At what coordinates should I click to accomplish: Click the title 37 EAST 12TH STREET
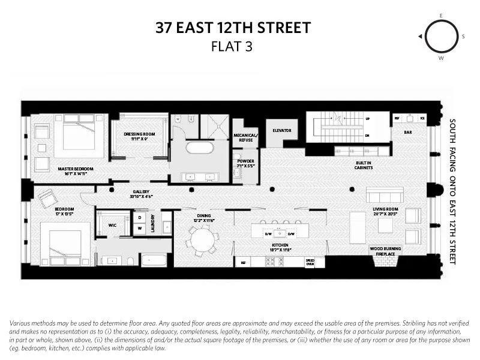(x=233, y=28)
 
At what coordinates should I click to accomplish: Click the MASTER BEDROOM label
(x=76, y=169)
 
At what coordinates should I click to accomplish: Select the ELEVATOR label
(x=281, y=130)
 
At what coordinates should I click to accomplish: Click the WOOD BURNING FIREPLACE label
(x=386, y=251)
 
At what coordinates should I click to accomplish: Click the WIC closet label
(x=112, y=226)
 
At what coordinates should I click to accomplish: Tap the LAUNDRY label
(x=153, y=223)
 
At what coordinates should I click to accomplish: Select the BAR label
(x=407, y=132)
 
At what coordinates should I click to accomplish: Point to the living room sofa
(x=384, y=195)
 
